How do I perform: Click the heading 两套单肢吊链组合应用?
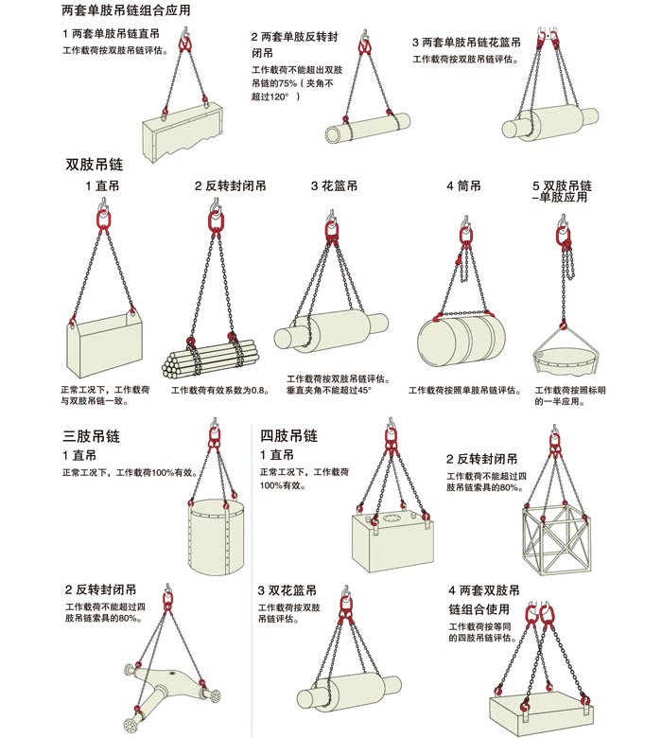pos(126,10)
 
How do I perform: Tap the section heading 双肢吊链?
pos(95,165)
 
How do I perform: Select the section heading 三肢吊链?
pos(92,436)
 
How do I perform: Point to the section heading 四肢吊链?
pos(288,435)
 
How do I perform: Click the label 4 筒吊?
pos(464,185)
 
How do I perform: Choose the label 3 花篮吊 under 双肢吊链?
pos(334,185)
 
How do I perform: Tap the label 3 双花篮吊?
pos(287,590)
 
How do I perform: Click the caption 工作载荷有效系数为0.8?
pos(220,390)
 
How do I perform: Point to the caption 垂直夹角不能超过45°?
pos(329,390)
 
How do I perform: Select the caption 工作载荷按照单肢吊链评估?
pos(465,390)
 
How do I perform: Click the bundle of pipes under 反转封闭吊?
pos(210,359)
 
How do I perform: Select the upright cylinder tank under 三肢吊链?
pos(218,537)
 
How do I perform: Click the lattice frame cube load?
pos(556,540)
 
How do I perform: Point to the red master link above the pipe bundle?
pos(216,221)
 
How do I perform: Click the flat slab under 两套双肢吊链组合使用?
pos(541,711)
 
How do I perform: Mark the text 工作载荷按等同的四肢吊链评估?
pos(482,632)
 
